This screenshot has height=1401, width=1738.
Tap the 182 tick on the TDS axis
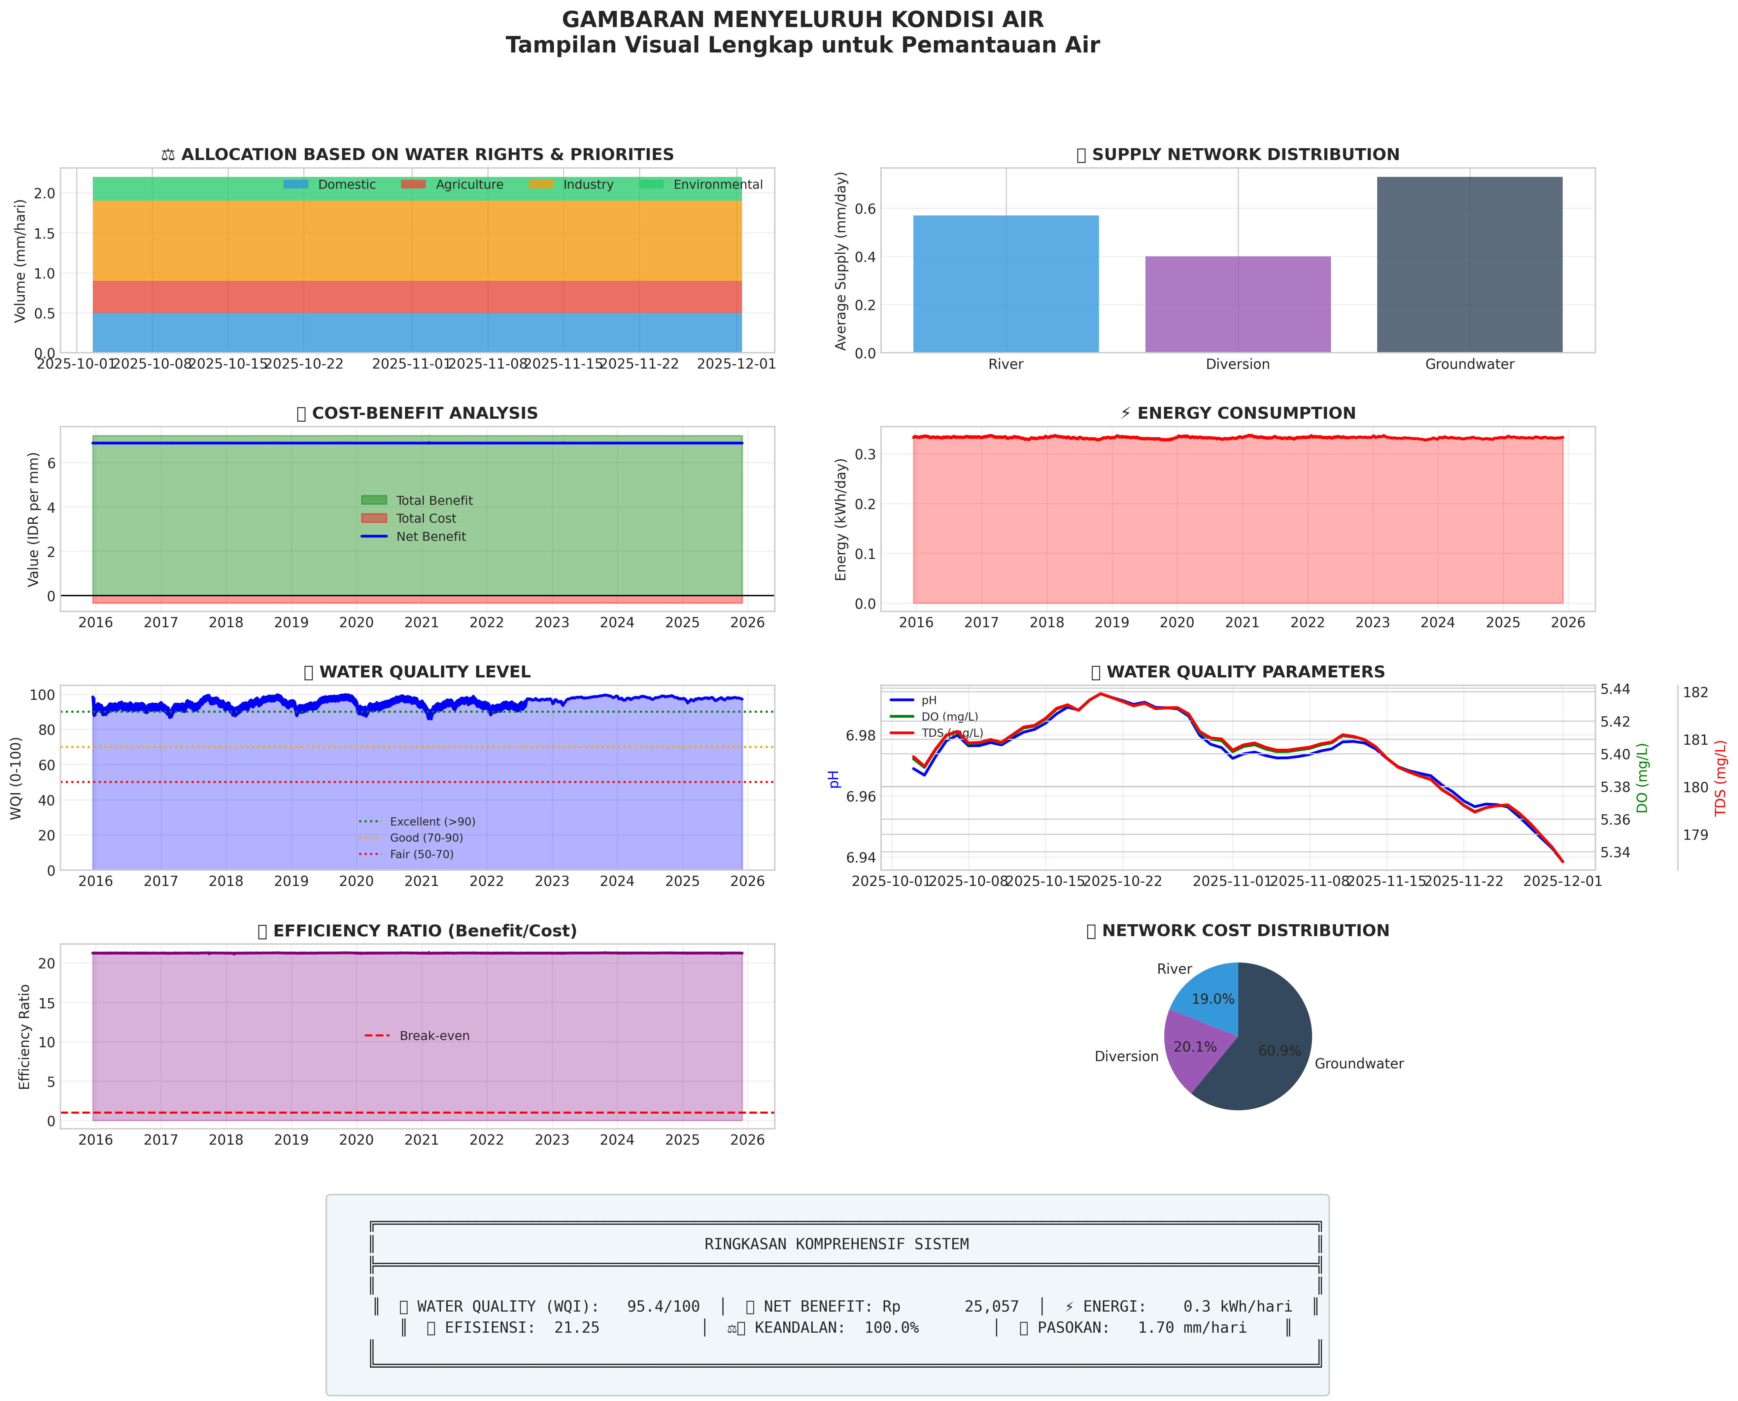[1695, 693]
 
